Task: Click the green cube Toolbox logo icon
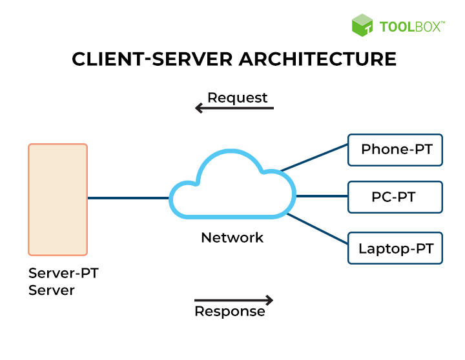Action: coord(362,25)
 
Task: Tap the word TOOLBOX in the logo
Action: coord(410,26)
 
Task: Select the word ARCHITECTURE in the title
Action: coord(317,59)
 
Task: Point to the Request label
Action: coord(237,98)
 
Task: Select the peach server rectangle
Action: coord(57,199)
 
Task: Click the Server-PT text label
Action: coord(63,273)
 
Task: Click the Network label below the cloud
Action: coord(232,237)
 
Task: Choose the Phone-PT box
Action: coord(395,150)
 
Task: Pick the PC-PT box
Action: coord(395,197)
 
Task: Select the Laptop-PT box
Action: coord(395,248)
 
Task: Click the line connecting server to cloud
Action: coord(128,198)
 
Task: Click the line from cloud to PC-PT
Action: coord(321,196)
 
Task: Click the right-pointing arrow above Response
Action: coord(234,300)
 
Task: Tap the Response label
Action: coord(230,312)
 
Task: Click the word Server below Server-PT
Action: coord(52,290)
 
